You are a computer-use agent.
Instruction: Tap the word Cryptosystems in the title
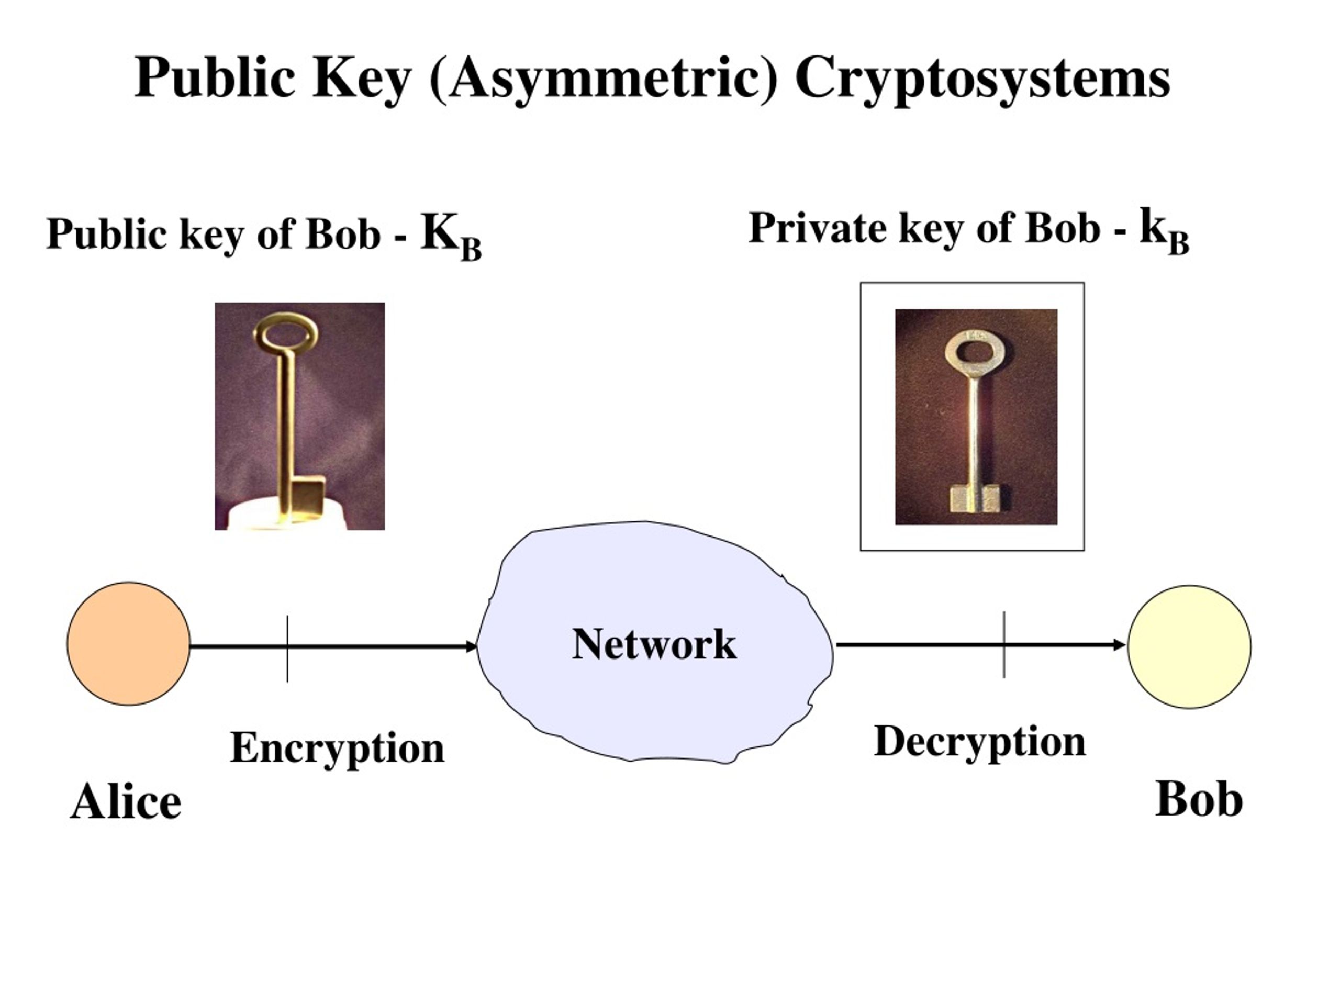[982, 79]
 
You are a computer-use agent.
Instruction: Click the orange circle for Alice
[128, 643]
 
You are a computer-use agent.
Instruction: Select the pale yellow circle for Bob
[1189, 646]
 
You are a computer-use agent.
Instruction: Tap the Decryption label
[979, 743]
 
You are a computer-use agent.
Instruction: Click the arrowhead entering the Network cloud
[471, 647]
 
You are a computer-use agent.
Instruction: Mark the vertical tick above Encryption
[287, 649]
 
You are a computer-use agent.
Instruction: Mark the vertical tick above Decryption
[1004, 644]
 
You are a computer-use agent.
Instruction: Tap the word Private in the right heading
[817, 228]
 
